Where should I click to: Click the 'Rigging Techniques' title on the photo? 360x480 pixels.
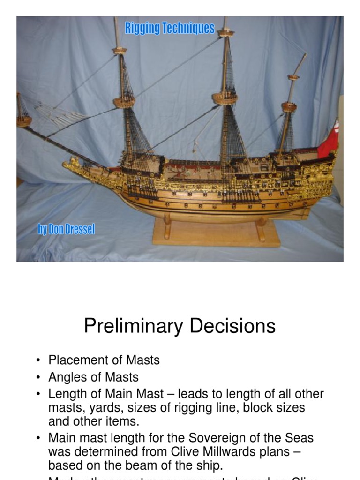170,29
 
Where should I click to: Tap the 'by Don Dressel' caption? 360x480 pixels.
67,230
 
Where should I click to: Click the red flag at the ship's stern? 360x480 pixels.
329,141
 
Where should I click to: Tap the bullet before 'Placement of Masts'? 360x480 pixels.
38,360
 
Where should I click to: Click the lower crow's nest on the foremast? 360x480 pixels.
124,101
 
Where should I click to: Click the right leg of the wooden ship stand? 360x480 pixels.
261,229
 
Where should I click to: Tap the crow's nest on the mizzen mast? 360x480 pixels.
289,107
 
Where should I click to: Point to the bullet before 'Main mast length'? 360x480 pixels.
38,439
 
